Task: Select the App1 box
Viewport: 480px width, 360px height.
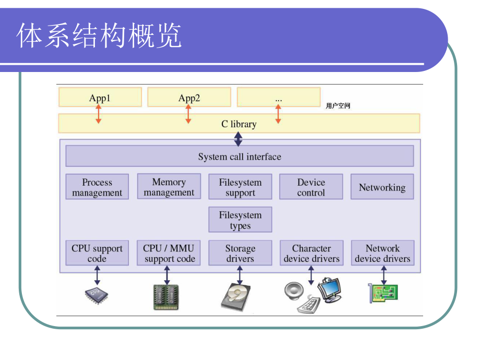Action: (x=100, y=98)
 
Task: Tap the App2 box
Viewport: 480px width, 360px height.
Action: (x=189, y=98)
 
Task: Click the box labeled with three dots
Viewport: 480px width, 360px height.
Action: (x=279, y=98)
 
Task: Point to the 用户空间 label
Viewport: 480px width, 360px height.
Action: (x=338, y=106)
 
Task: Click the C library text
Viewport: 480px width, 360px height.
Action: (x=239, y=124)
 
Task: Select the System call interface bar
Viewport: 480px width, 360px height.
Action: (x=239, y=157)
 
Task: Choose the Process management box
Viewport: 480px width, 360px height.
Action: (x=97, y=187)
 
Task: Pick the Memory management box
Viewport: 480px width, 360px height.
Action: (x=169, y=187)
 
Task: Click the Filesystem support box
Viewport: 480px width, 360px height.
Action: (x=240, y=187)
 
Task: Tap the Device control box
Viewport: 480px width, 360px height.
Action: (x=311, y=187)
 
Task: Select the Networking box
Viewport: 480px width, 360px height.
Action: (x=382, y=187)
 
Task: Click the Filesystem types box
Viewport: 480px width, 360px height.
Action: (x=240, y=220)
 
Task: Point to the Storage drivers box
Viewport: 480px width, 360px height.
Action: (x=240, y=253)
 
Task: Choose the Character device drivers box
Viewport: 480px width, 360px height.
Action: (x=311, y=253)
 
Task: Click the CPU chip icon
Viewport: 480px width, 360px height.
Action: (x=97, y=295)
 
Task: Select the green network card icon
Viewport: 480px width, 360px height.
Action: (x=383, y=294)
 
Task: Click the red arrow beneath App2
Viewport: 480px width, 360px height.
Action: (x=188, y=114)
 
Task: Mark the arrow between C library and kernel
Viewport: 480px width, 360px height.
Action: (x=238, y=139)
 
